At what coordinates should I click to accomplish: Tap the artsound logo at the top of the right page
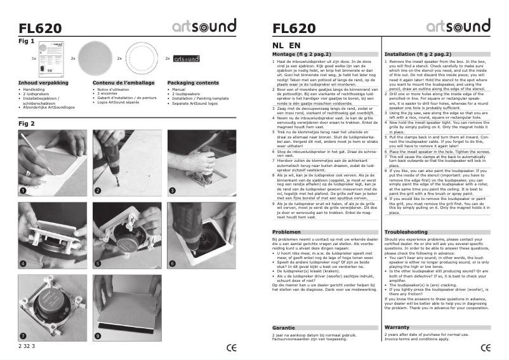458,27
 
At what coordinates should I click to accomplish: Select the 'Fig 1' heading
27,41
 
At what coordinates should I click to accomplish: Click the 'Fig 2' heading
27,123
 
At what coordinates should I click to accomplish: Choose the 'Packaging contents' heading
193,83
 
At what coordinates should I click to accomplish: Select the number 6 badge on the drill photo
172,263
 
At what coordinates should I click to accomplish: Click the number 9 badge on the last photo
98,335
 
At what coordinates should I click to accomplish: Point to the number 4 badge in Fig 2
23,263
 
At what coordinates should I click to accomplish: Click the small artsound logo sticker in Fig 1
186,58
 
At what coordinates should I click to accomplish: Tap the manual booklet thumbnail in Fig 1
53,58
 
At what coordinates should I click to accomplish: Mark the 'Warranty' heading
397,327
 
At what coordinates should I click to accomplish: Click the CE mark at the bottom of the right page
486,347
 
